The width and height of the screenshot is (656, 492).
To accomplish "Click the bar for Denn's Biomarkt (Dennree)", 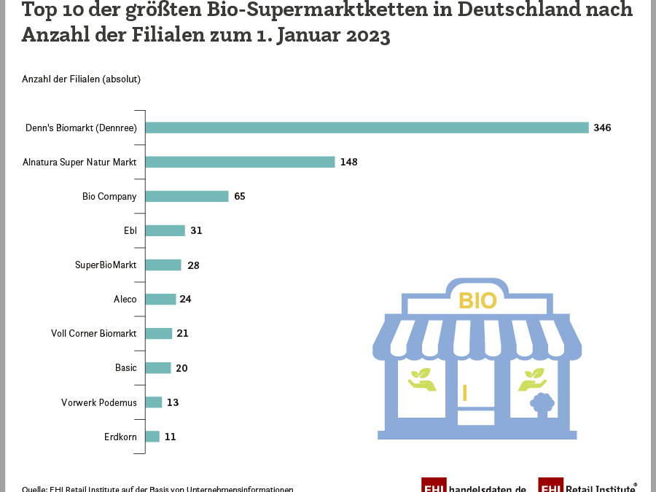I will tap(367, 128).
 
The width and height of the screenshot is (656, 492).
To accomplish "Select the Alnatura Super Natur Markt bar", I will tap(240, 162).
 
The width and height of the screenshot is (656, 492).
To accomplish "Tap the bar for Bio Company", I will tap(187, 196).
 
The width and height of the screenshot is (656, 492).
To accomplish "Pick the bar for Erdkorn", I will tap(152, 437).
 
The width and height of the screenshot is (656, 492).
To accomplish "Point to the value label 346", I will tap(602, 128).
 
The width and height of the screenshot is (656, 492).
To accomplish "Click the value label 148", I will tap(348, 162).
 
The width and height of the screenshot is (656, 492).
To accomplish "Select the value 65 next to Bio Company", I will tap(240, 196).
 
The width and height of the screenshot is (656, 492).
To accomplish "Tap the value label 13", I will tap(173, 402).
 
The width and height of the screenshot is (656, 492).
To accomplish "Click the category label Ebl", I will tap(130, 230).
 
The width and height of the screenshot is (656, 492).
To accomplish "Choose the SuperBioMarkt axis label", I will tap(106, 265).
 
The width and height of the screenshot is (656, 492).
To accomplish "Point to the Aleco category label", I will tap(125, 299).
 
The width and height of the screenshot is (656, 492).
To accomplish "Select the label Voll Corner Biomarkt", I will tap(93, 333).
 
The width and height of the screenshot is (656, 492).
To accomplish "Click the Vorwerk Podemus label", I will tap(98, 402).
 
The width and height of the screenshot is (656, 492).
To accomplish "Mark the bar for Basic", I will tap(157, 368).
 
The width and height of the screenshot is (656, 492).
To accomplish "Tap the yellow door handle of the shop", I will tap(464, 393).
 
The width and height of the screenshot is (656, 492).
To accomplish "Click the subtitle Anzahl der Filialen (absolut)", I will tap(81, 79).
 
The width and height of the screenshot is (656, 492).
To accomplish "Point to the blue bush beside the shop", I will tap(542, 403).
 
